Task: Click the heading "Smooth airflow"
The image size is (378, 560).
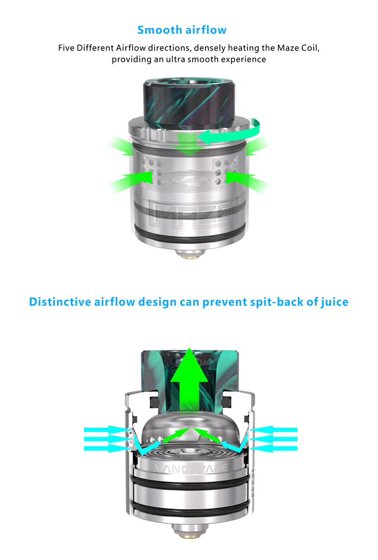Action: [182, 30]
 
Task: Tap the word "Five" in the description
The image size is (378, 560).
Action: [66, 48]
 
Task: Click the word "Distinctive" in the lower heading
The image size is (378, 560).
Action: [60, 302]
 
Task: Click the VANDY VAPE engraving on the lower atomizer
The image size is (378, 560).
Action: [191, 468]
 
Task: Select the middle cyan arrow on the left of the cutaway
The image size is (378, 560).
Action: [106, 439]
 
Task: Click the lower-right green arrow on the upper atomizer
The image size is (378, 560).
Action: [248, 181]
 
